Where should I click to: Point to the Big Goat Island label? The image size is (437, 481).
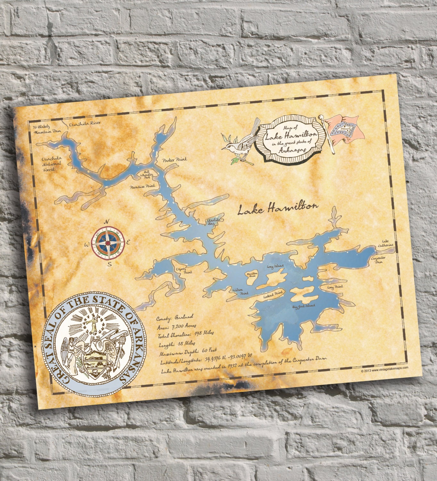[303, 306]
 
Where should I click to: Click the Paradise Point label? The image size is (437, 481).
[142, 186]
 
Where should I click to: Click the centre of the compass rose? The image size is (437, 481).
[108, 243]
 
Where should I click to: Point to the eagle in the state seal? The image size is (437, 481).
[96, 348]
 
